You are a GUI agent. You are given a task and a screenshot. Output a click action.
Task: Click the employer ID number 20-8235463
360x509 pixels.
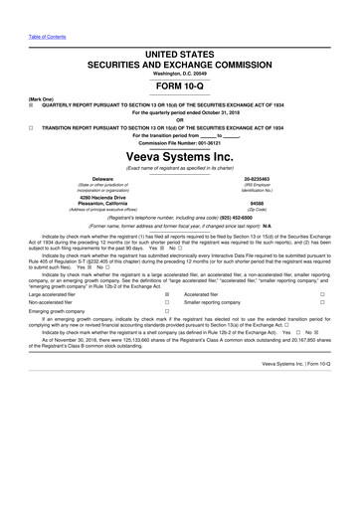(x=270, y=178)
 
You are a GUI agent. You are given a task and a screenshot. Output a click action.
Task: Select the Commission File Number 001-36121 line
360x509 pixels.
(x=180, y=143)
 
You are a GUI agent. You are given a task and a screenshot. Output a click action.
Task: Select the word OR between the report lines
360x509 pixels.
(x=180, y=121)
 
